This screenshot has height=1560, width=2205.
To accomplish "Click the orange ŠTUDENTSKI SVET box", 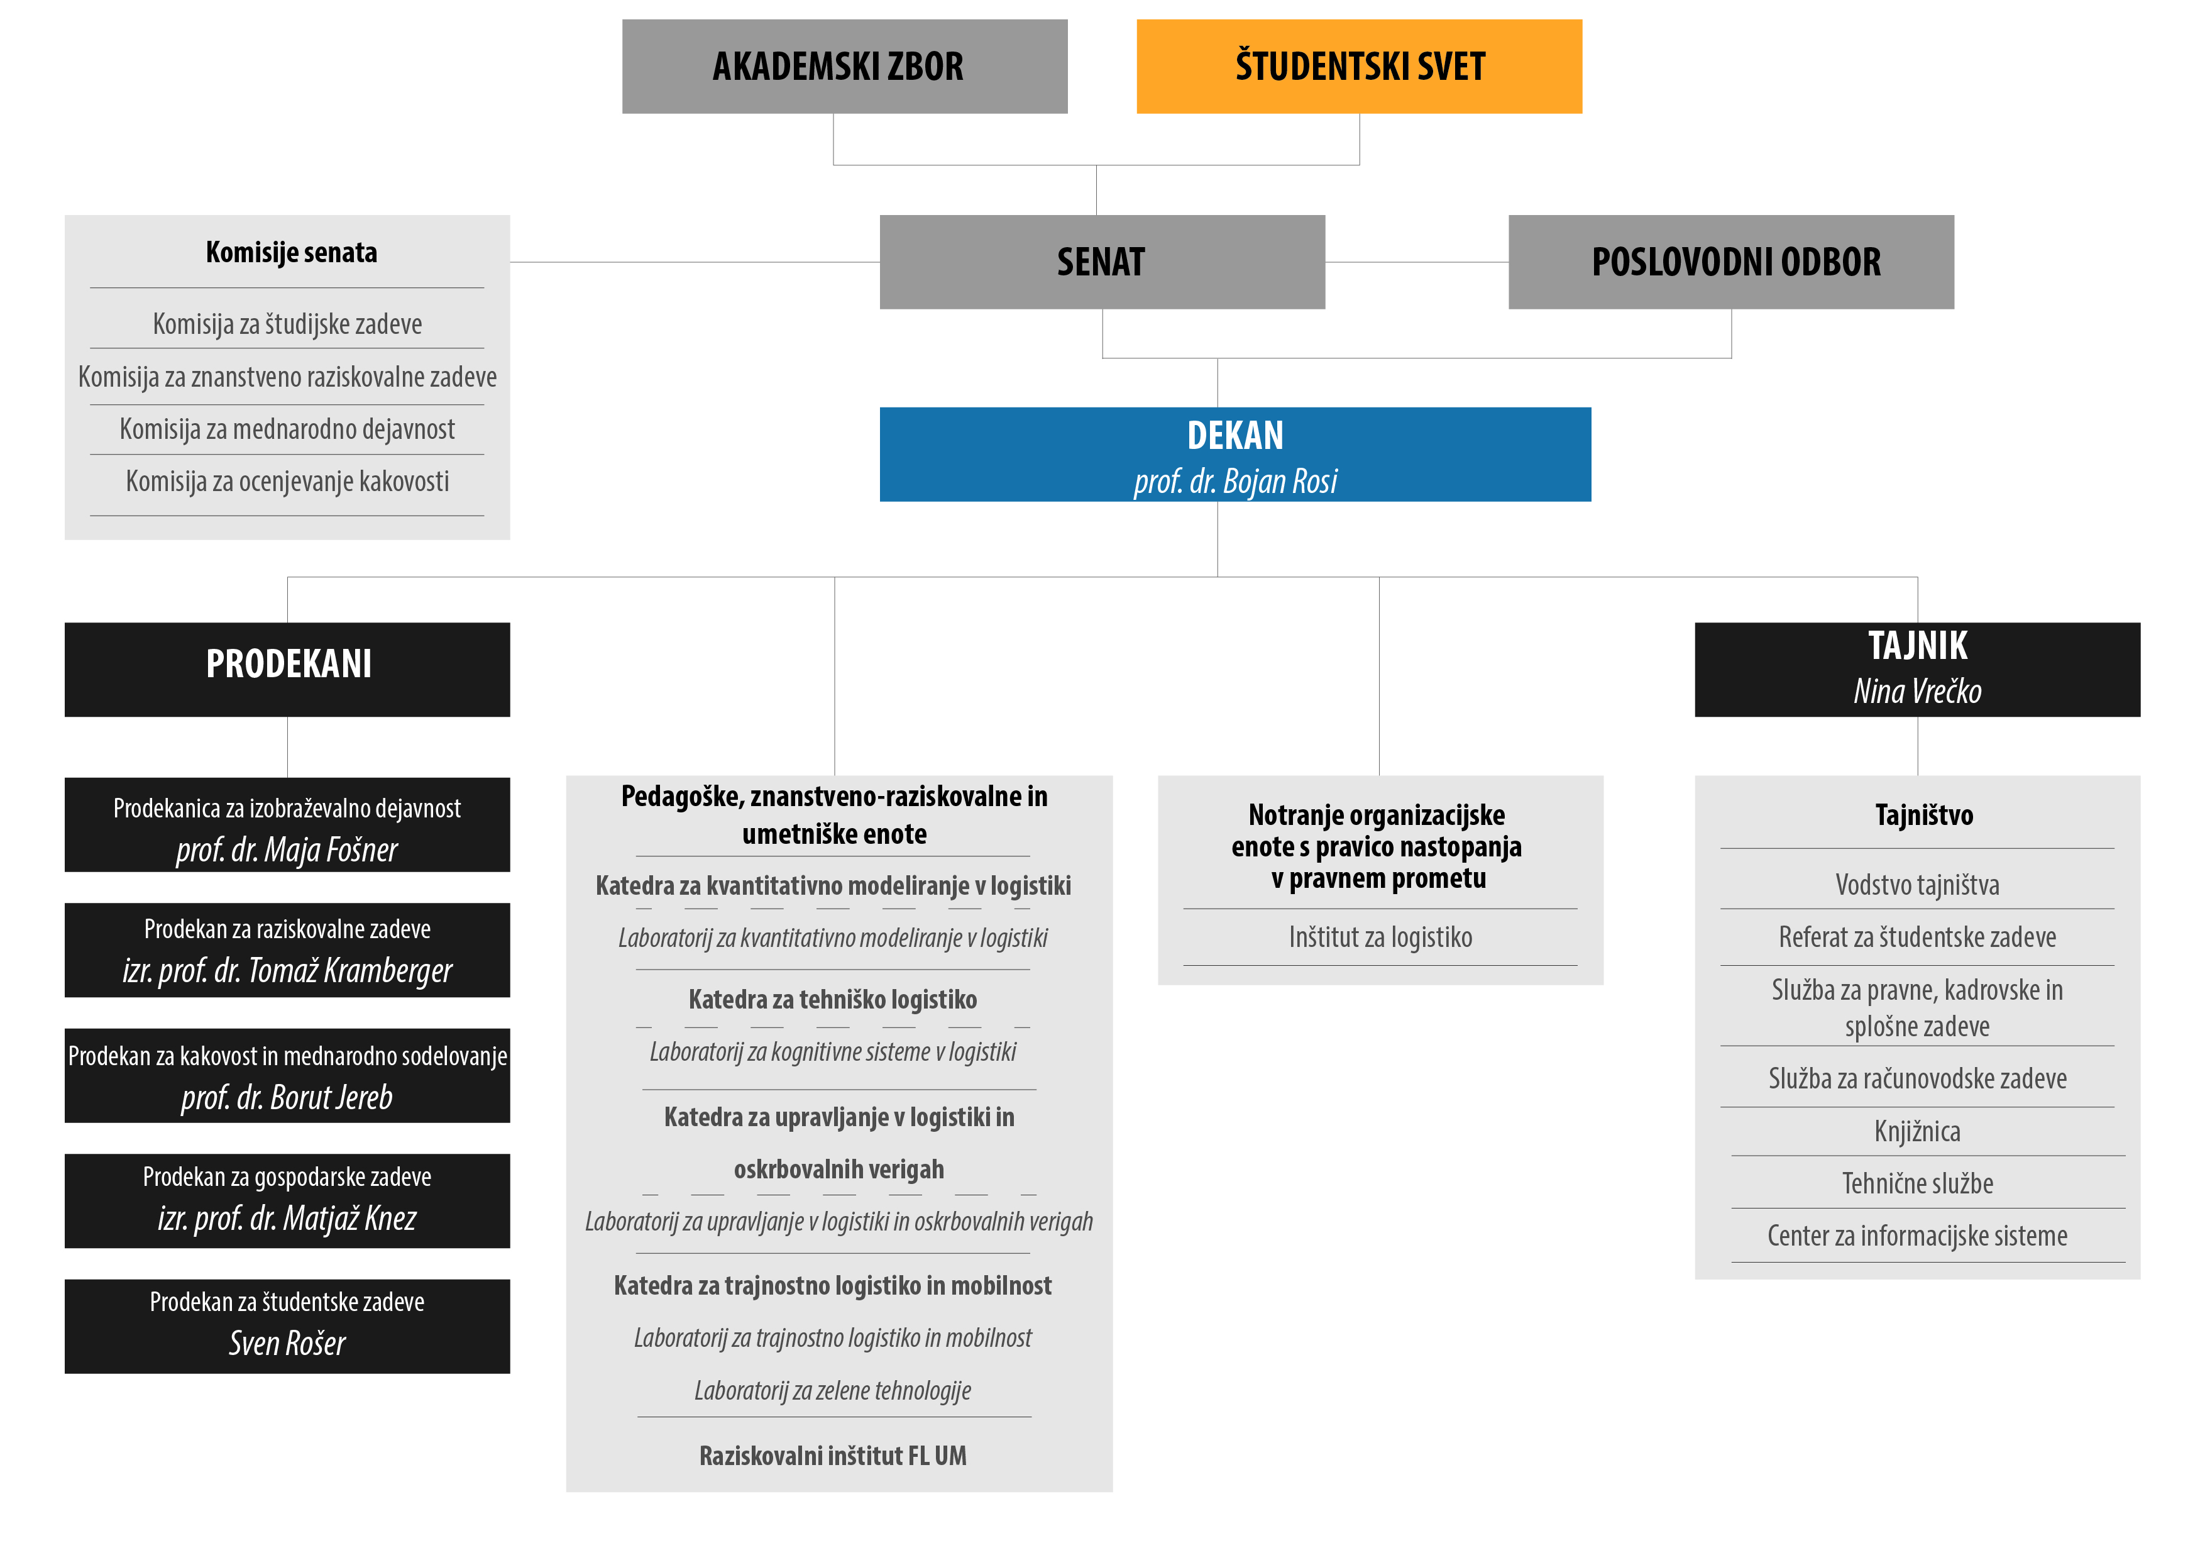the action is coord(1359,66).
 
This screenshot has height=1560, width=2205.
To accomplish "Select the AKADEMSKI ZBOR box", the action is coord(845,66).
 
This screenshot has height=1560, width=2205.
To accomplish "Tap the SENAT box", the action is coord(1102,262).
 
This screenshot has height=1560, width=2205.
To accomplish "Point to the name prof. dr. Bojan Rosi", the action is coord(1235,480).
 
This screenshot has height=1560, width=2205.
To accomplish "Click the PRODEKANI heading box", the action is coord(287,670).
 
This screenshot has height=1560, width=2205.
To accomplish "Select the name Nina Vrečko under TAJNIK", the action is coord(1917,690).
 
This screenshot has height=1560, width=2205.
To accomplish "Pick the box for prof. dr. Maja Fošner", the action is coord(287,825).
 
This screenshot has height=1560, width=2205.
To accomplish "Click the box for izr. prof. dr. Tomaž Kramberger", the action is coord(287,950).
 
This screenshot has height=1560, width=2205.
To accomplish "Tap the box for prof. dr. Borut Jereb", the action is coord(287,1076).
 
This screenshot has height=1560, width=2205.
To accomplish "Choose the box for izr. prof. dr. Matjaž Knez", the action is coord(287,1201).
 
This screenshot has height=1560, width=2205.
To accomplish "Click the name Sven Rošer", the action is coord(287,1343).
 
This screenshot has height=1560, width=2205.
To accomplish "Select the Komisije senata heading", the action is coord(291,253).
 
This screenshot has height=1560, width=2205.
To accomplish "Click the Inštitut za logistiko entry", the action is coord(1380,937).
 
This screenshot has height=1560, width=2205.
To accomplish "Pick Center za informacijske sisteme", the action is coord(1917,1236).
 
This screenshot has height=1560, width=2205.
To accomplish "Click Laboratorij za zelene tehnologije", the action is coord(833,1390).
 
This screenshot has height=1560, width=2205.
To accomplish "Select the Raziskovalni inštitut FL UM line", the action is coord(833,1455).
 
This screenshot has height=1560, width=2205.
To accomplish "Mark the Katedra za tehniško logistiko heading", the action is coord(833,1000).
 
